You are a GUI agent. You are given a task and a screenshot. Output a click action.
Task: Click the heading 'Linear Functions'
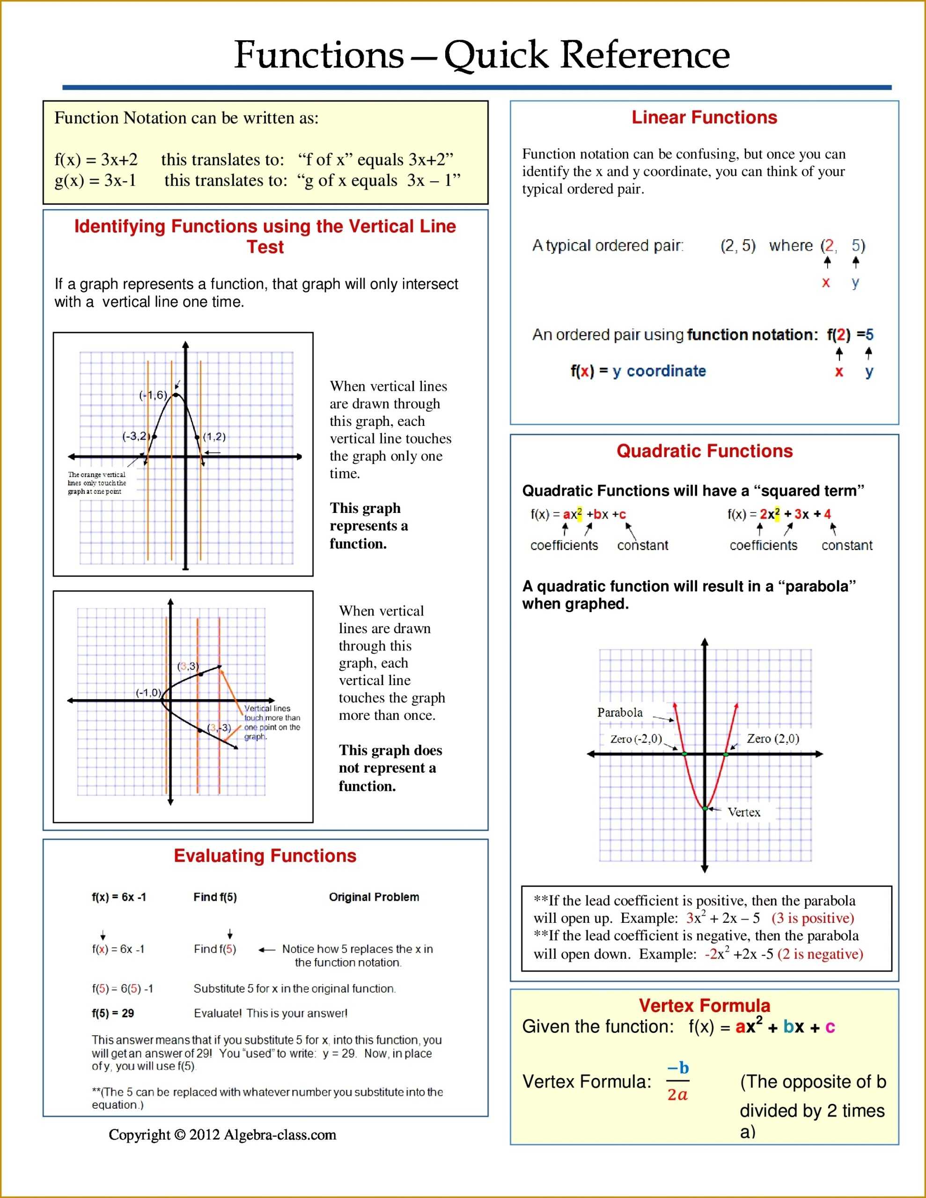coord(704,117)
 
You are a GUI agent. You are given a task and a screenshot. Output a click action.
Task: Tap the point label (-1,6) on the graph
coord(153,395)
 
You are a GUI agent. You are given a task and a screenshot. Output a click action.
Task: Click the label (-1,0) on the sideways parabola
coord(148,693)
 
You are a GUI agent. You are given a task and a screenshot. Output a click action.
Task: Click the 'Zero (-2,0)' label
coord(636,739)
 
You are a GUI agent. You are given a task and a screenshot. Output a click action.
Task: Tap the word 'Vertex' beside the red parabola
coord(743,812)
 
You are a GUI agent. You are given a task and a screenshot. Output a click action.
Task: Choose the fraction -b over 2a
coord(678,1081)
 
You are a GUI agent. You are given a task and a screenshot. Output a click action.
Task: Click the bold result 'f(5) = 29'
coord(113,1013)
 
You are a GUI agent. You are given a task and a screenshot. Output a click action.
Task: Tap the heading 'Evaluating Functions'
coord(265,856)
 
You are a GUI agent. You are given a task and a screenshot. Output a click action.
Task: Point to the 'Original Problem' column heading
coord(374,897)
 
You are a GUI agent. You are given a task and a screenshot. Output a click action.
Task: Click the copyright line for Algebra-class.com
coord(222,1134)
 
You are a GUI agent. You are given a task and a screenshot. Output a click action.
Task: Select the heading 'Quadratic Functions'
coord(704,451)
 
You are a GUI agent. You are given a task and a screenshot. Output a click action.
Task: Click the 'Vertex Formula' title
coord(704,1006)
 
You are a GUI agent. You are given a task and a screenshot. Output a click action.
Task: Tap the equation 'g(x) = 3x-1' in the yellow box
coord(95,181)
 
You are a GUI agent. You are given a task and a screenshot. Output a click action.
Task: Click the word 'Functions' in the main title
coord(319,55)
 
